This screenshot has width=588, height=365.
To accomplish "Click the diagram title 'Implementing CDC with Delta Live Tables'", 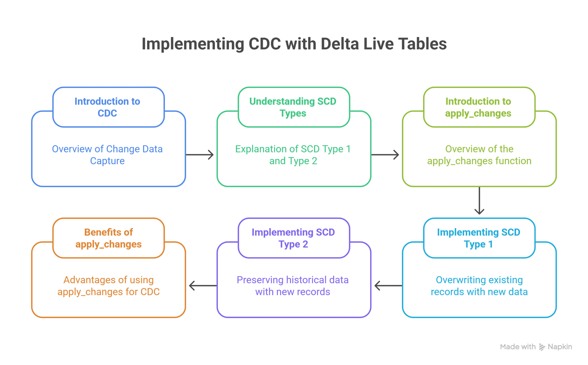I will coord(294,44).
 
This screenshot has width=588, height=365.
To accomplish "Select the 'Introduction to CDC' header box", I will coord(108,107).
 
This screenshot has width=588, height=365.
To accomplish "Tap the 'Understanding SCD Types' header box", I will coord(294,107).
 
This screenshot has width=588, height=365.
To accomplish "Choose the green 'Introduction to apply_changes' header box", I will coord(479,107).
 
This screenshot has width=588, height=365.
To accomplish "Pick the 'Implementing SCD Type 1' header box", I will coord(479,238).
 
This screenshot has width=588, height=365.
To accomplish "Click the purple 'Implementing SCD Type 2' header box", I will coord(294,238).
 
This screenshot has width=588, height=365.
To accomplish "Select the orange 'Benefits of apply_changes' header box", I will coord(108,238).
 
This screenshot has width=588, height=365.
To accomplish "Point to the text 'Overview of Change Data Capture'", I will coord(107,155).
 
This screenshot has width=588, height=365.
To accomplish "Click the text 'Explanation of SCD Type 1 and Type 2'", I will coord(293,155).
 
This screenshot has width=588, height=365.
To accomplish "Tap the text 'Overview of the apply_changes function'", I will coord(479,155).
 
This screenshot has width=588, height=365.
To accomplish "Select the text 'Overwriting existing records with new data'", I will coord(479,286).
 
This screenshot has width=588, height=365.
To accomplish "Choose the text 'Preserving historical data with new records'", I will coord(293,286).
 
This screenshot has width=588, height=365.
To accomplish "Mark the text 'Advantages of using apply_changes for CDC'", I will coord(109,286).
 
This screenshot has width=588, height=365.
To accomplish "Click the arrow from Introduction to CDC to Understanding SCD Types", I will coord(200,155).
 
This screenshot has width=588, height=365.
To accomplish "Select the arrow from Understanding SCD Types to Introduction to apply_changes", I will coord(385,155).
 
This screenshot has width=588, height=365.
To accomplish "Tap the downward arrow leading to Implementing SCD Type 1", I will coord(479,201).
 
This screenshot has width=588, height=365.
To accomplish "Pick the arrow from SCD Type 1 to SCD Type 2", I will coord(388,286).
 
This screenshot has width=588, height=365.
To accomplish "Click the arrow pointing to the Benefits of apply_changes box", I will coord(203,286).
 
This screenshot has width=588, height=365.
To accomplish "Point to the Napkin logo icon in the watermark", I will coord(542,347).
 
